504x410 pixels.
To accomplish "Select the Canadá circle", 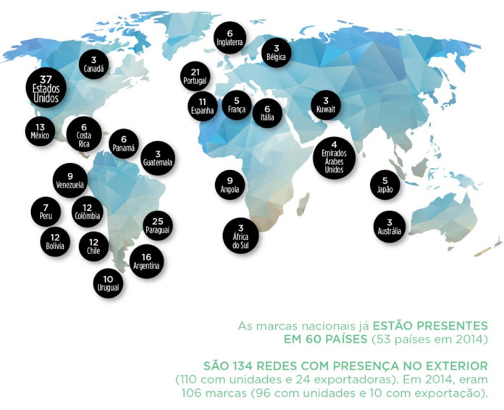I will (x=93, y=64).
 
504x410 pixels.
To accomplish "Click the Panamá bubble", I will (x=123, y=143).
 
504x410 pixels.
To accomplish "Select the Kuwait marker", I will (x=325, y=104).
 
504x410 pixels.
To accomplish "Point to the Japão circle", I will (x=385, y=185).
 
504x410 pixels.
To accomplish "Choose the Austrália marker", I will (x=389, y=227).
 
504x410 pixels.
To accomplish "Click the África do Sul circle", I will (x=240, y=235).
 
